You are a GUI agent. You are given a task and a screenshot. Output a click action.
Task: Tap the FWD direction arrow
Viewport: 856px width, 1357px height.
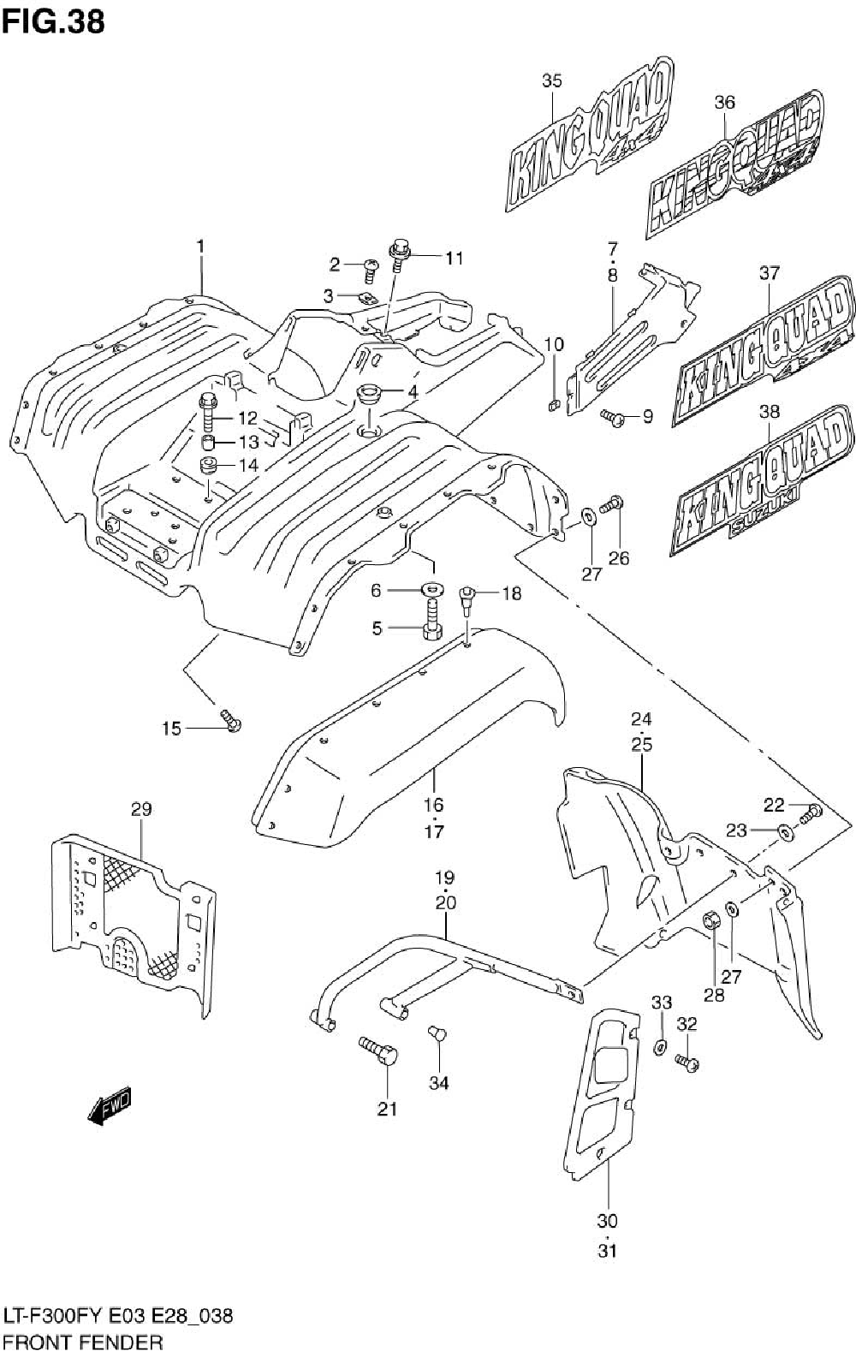110,1105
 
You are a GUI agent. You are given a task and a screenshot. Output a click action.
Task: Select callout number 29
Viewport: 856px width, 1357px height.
142,809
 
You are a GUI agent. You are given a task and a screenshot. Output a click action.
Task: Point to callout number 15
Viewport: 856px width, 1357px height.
171,729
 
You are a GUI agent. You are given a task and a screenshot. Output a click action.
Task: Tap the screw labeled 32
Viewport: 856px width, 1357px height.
687,1062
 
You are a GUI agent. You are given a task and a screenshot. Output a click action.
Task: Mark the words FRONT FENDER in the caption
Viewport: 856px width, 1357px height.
84,1342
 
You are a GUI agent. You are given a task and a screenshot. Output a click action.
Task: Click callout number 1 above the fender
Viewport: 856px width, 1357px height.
200,247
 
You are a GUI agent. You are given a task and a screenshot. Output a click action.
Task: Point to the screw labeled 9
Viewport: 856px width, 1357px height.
612,417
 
